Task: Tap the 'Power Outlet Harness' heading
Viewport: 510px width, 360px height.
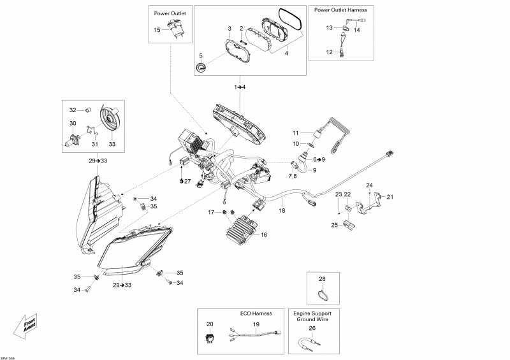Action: [340, 10]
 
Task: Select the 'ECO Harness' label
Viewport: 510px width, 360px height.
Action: [256, 313]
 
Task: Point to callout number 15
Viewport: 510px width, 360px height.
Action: [157, 30]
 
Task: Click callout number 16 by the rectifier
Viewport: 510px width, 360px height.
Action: [264, 234]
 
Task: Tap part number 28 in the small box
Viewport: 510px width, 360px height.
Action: [322, 279]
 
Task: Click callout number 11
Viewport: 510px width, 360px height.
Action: [295, 133]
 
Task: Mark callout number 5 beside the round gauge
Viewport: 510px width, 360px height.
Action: [200, 56]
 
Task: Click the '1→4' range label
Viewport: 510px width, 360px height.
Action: [239, 86]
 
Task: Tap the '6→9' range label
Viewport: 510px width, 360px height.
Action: [319, 159]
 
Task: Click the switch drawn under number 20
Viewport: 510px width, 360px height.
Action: [210, 338]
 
